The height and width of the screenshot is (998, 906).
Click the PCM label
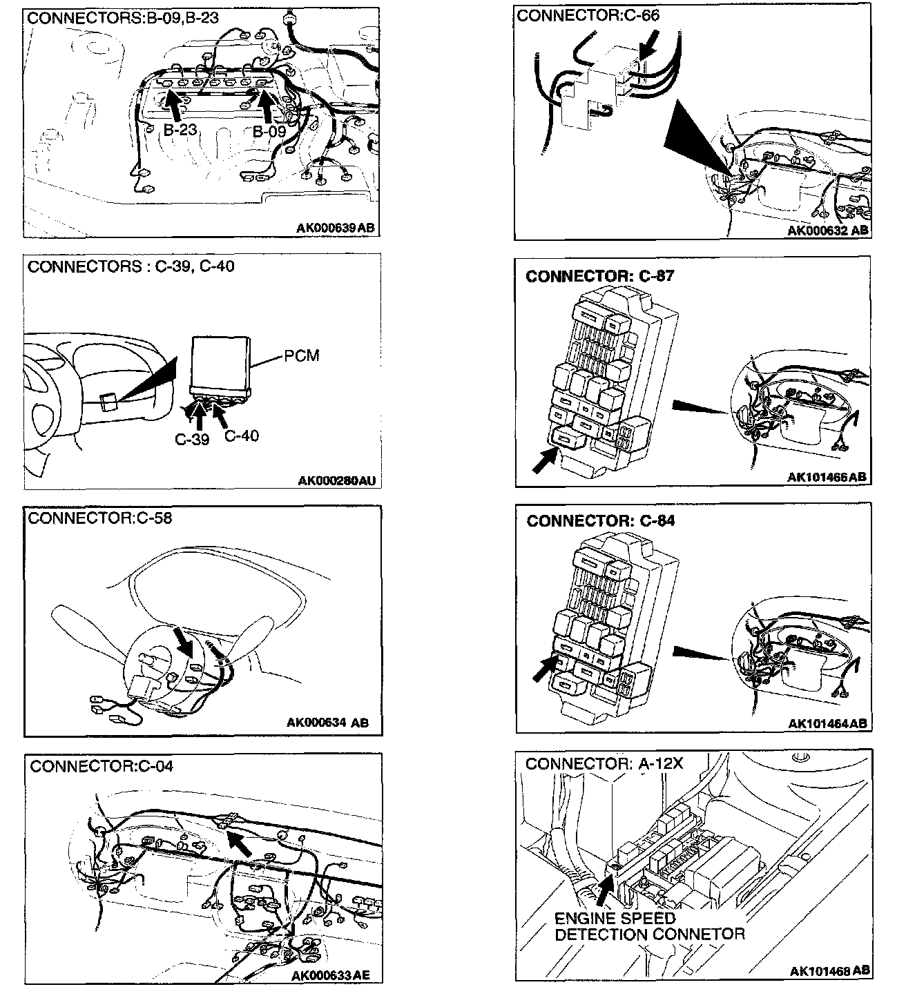pos(302,356)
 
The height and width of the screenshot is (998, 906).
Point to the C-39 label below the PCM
pos(191,440)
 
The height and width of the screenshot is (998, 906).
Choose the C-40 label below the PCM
pos(242,436)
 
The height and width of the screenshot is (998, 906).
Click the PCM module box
pos(220,364)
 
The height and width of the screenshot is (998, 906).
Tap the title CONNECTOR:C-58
pos(100,518)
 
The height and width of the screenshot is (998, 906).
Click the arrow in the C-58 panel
pos(183,642)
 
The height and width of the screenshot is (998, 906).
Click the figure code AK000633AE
pos(331,975)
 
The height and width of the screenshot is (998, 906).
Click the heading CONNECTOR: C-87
pos(600,276)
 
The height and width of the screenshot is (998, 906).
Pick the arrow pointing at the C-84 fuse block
pos(545,668)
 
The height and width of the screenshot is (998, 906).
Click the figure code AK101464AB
pos(827,723)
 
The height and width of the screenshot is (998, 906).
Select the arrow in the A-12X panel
pos(602,890)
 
